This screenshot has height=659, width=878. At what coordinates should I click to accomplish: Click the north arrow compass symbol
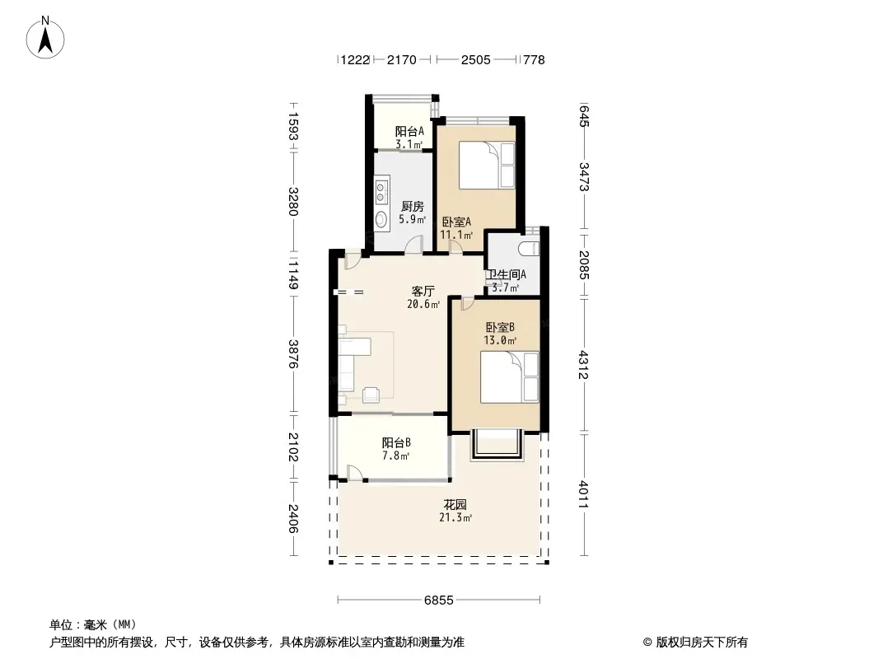45,38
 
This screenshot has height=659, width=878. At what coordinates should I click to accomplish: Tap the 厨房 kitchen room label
412,206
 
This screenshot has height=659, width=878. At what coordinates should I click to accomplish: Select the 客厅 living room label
423,291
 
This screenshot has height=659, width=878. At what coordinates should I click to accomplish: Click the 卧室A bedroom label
456,222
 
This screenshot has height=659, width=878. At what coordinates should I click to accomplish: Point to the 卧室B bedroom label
499,327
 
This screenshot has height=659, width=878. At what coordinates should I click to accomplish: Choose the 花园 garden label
455,504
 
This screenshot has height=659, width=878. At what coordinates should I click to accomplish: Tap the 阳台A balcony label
409,132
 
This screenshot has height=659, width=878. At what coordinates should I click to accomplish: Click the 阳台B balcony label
396,443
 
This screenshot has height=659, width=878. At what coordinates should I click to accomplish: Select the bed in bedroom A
487,166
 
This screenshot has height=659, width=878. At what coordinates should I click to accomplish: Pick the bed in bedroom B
510,376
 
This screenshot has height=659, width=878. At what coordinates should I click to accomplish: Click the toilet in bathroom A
529,248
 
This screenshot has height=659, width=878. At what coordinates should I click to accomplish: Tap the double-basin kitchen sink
382,189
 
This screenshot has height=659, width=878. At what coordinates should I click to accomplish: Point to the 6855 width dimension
438,601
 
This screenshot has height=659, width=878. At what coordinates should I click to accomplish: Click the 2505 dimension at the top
476,59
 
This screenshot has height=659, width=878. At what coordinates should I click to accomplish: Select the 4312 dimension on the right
583,364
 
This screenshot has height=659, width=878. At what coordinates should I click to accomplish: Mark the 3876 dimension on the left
293,354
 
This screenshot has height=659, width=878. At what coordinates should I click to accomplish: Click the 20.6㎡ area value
423,305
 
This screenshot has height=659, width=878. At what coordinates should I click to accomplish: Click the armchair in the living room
371,395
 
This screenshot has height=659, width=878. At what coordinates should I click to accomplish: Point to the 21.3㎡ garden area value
455,517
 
